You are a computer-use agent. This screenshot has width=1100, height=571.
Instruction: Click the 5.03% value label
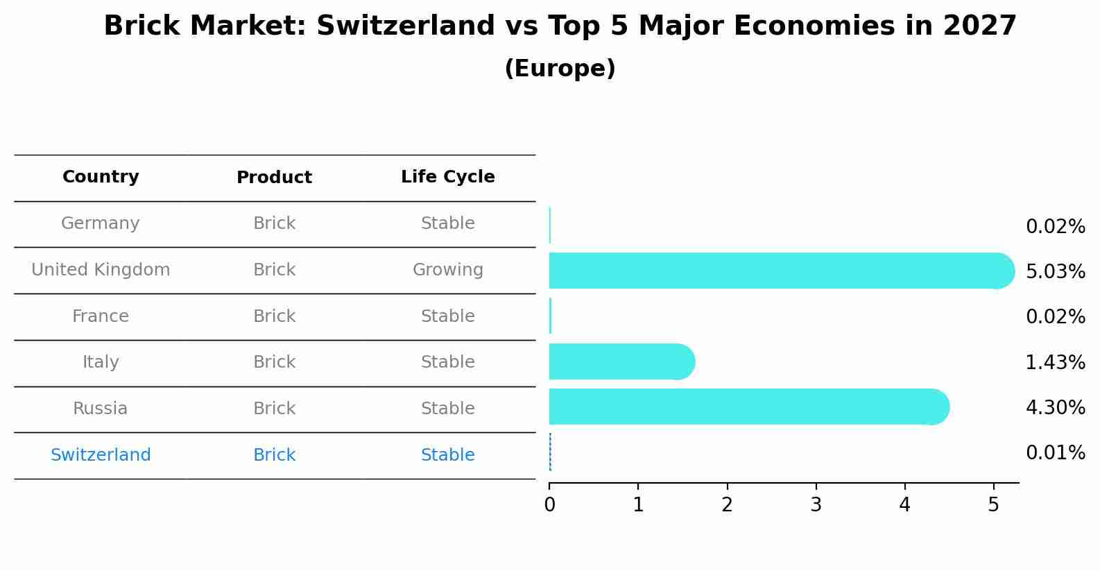[x=1055, y=271]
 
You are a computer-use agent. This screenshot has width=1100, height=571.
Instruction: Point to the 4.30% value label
[x=1055, y=407]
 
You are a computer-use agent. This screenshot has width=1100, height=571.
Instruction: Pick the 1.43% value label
[x=1055, y=362]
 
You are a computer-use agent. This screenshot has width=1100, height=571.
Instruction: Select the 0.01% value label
[x=1055, y=453]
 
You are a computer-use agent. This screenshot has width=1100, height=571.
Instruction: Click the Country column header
[x=101, y=177]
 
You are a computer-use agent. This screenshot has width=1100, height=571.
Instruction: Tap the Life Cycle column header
[x=447, y=177]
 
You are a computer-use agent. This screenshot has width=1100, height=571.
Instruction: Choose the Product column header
[x=274, y=178]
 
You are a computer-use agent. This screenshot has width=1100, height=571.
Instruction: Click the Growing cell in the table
[x=447, y=270]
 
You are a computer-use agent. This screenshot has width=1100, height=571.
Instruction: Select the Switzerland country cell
[x=101, y=455]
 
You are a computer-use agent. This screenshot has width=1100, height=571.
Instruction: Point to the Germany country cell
[x=101, y=223]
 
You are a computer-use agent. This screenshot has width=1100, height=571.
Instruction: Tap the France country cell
[x=101, y=316]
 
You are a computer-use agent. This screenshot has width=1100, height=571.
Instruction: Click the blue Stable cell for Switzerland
[x=447, y=455]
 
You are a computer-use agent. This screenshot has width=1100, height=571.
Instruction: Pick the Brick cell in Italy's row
[x=274, y=362]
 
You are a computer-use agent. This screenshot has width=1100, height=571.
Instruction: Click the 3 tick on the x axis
[x=816, y=505]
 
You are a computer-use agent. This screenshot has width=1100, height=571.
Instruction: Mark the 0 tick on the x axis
[x=549, y=505]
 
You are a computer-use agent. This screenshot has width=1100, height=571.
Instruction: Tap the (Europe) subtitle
[x=560, y=69]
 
